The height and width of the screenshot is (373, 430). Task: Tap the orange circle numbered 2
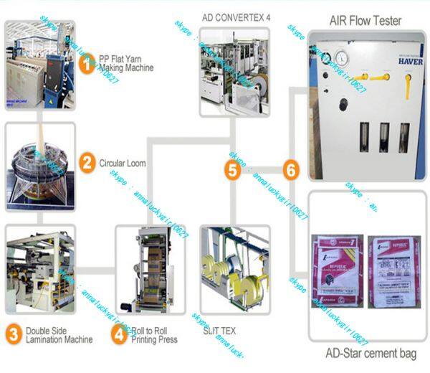click(87, 162)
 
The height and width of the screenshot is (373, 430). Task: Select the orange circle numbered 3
click(14, 333)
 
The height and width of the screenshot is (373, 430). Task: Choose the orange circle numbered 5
click(232, 170)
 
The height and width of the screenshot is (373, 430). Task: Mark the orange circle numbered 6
click(290, 170)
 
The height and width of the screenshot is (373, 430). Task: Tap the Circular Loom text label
click(123, 163)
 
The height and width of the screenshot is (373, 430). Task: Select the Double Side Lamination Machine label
click(60, 335)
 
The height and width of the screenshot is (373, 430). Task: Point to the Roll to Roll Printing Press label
click(154, 335)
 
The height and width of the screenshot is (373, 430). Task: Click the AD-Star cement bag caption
click(366, 354)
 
